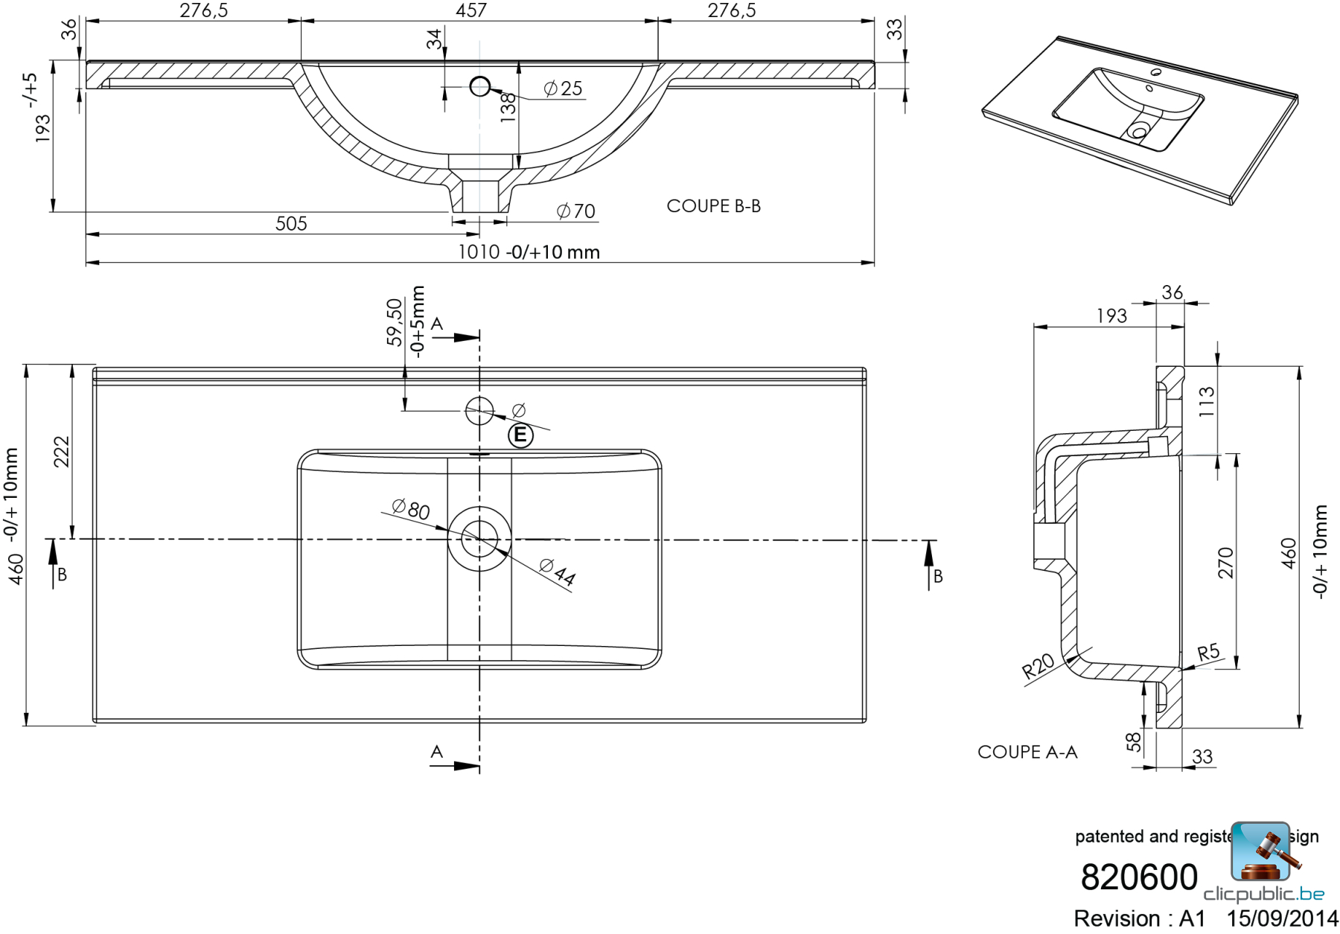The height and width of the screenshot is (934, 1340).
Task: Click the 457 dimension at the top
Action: (x=471, y=10)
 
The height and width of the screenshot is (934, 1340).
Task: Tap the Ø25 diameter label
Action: (x=564, y=89)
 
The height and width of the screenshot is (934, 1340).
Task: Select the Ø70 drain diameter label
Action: (x=576, y=211)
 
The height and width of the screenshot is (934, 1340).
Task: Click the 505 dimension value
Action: (x=291, y=223)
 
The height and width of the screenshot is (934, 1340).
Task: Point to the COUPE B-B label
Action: (x=713, y=206)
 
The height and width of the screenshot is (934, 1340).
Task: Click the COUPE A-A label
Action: (x=1027, y=752)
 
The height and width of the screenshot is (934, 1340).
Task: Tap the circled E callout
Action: (x=520, y=435)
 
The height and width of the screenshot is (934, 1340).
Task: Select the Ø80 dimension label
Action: (x=411, y=509)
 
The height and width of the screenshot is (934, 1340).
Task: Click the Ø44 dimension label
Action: (x=558, y=572)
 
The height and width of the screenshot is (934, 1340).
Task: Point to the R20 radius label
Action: (x=1038, y=665)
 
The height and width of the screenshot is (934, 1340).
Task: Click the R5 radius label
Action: (x=1208, y=653)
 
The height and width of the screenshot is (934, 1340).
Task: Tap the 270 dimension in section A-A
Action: (x=1225, y=563)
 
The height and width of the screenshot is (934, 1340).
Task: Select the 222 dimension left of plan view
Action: (x=61, y=452)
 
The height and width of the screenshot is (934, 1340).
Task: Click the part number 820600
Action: (x=1138, y=877)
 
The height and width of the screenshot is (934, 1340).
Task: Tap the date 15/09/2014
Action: (x=1282, y=918)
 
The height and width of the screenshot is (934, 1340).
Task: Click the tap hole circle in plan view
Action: (x=479, y=410)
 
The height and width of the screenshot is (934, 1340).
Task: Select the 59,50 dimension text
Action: (x=395, y=322)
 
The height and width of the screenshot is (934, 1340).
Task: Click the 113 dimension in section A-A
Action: (x=1207, y=402)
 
